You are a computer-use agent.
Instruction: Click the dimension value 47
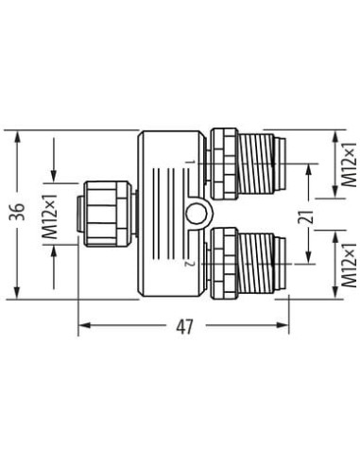[184, 327]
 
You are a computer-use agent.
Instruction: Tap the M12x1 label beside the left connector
[50, 215]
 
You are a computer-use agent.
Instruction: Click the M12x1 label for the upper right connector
[350, 164]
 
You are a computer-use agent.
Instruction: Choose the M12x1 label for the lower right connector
[350, 265]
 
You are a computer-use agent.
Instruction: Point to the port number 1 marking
[190, 163]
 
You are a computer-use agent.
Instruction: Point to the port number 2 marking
[190, 264]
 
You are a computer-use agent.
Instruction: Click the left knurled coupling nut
[108, 214]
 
